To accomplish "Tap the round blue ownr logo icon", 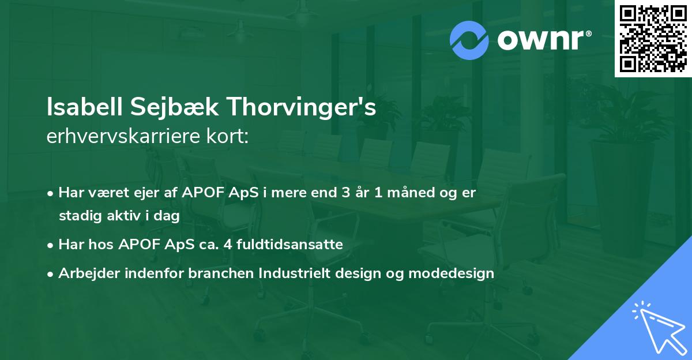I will (469, 40).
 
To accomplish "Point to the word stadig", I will (77, 216).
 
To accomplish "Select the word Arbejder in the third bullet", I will (83, 273).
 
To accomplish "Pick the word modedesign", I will (451, 273).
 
